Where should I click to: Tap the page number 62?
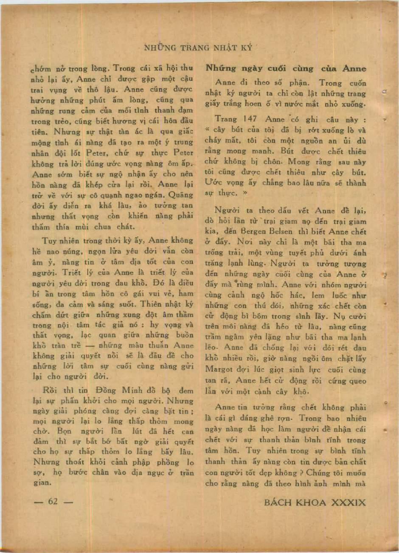(53, 501)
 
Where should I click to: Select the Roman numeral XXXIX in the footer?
(348, 502)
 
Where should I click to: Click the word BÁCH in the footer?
(278, 502)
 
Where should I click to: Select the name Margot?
(219, 370)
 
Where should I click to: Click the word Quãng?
(181, 195)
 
